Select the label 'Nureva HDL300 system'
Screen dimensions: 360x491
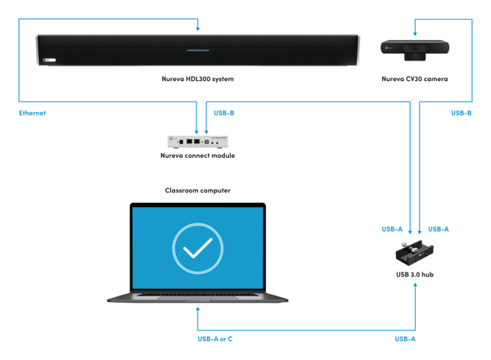click(197, 79)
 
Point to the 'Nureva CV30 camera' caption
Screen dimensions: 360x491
click(414, 79)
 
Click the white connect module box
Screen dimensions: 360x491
click(196, 140)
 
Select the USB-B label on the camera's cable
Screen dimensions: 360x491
click(461, 113)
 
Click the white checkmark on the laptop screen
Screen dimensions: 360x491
click(197, 246)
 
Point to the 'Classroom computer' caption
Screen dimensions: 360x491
click(197, 190)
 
